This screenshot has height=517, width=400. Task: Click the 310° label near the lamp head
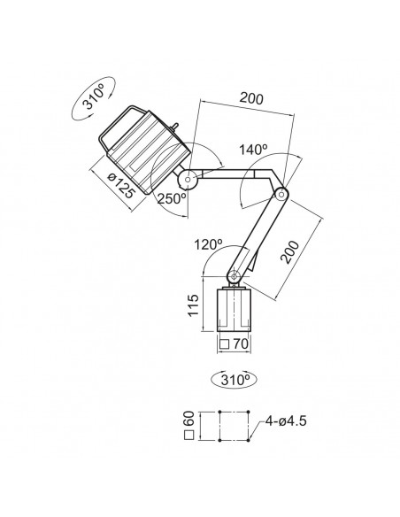[93, 96]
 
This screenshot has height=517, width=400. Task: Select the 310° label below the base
[235, 380]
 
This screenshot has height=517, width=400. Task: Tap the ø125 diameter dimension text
[121, 186]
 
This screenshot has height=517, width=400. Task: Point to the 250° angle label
[172, 198]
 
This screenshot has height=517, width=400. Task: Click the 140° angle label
[253, 150]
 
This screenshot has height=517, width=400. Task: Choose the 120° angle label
[208, 244]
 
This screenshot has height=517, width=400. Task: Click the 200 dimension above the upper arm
[251, 98]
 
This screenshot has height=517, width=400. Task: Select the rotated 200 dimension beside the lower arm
[289, 252]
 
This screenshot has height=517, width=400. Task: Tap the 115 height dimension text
[194, 305]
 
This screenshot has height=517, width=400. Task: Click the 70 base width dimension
[241, 343]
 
